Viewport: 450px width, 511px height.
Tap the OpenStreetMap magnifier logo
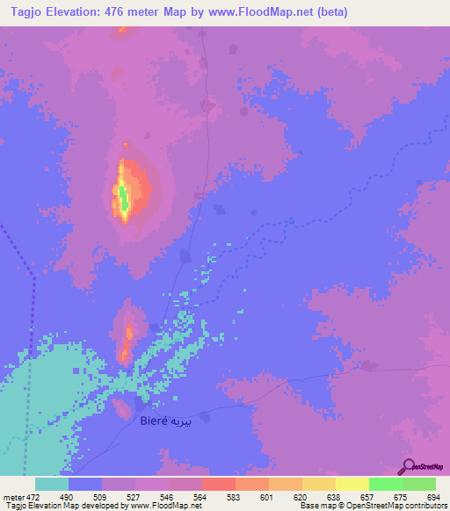tap(409, 467)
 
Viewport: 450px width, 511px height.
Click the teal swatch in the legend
tap(52, 484)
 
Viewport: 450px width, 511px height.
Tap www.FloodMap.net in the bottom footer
tap(172, 507)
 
